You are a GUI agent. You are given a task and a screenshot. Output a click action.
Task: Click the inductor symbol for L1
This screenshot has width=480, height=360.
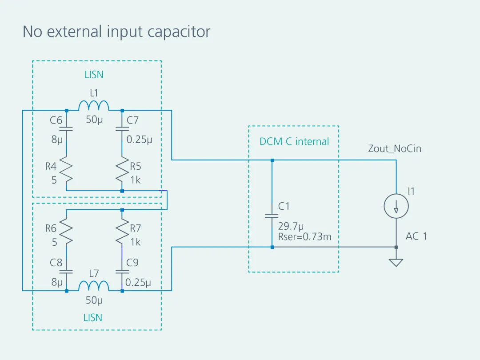click(x=94, y=106)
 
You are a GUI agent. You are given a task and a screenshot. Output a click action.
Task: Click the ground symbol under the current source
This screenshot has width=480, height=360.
click(x=396, y=262)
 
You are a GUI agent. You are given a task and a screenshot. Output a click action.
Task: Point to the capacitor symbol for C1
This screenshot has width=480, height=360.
click(x=272, y=216)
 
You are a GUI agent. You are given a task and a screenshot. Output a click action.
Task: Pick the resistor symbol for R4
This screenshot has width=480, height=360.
click(x=66, y=172)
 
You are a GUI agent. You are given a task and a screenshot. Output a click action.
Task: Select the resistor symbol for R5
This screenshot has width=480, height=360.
click(x=122, y=172)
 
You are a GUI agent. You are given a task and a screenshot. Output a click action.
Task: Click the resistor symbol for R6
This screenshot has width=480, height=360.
click(x=66, y=234)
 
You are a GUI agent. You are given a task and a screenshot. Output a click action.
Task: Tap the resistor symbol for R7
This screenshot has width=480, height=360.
click(x=122, y=234)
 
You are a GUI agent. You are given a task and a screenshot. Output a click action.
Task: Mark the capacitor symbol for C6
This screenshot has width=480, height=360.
click(x=66, y=129)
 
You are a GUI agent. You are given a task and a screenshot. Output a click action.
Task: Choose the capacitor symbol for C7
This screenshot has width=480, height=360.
click(x=122, y=129)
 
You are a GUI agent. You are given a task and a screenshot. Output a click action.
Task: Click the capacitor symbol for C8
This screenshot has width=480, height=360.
click(x=66, y=271)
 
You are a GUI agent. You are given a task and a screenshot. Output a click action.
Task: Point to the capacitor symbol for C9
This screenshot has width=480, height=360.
click(x=122, y=271)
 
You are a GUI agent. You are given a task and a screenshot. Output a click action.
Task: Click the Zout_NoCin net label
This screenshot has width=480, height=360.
click(x=394, y=148)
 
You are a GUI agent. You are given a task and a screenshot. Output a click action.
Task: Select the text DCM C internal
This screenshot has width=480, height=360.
click(x=294, y=142)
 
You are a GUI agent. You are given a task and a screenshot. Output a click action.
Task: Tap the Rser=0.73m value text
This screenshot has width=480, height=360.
click(x=304, y=237)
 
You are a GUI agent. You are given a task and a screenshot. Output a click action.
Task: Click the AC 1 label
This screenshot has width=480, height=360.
click(x=416, y=236)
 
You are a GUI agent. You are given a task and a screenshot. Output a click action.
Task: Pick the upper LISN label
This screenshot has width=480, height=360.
click(x=94, y=75)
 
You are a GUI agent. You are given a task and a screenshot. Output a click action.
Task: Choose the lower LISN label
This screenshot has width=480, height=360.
click(x=93, y=317)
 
